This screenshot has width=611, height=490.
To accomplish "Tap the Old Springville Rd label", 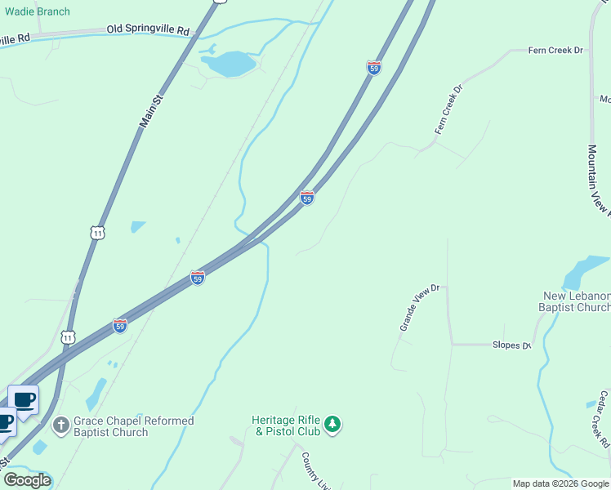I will (x=148, y=30).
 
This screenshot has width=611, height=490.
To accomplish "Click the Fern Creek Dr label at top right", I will (x=555, y=51).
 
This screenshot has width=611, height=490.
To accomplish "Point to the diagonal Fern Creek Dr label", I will (x=448, y=109).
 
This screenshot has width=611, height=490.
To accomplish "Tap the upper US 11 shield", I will (x=98, y=233).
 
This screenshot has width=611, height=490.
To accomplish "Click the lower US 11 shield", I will (x=68, y=336).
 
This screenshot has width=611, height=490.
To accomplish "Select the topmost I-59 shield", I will (x=373, y=68).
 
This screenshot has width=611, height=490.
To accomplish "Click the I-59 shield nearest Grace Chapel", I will (x=120, y=325).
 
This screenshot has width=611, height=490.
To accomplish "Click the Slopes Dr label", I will (x=511, y=345).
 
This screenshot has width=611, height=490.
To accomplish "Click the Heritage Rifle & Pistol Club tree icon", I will (x=332, y=424).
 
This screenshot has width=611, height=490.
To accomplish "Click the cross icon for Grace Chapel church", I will (x=60, y=425).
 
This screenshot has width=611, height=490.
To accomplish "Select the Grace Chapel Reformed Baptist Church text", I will (x=133, y=426).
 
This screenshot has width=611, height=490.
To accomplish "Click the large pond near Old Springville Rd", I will (x=230, y=64).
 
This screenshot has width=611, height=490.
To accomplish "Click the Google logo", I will (x=26, y=480).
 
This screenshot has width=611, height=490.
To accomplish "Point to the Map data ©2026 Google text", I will (x=560, y=483).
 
